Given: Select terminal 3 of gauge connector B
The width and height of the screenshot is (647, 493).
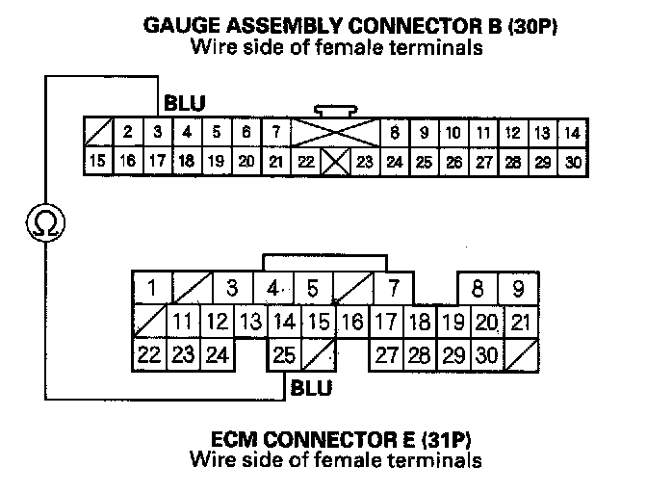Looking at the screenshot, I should click(156, 133).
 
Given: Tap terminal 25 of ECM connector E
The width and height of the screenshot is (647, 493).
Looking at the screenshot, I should click(283, 355).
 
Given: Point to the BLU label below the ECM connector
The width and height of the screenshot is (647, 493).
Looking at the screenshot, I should click(310, 388).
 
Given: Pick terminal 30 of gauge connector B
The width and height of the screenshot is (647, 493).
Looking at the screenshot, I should click(574, 161).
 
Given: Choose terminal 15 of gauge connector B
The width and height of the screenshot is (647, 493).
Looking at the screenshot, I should click(96, 161).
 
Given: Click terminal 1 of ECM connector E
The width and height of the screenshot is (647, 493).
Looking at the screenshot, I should click(152, 288).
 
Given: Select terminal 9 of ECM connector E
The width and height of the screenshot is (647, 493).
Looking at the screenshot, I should click(518, 288).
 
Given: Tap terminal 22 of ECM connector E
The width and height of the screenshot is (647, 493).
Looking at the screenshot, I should click(148, 355).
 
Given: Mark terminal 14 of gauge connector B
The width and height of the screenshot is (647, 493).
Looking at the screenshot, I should click(573, 133).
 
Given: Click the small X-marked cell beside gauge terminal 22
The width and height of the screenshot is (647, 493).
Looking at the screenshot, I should click(336, 161).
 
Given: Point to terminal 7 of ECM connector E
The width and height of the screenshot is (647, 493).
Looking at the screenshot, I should click(393, 288).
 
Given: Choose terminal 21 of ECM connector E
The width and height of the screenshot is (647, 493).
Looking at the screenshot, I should click(520, 322).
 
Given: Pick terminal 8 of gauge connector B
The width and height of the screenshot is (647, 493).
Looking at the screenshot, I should click(394, 133).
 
